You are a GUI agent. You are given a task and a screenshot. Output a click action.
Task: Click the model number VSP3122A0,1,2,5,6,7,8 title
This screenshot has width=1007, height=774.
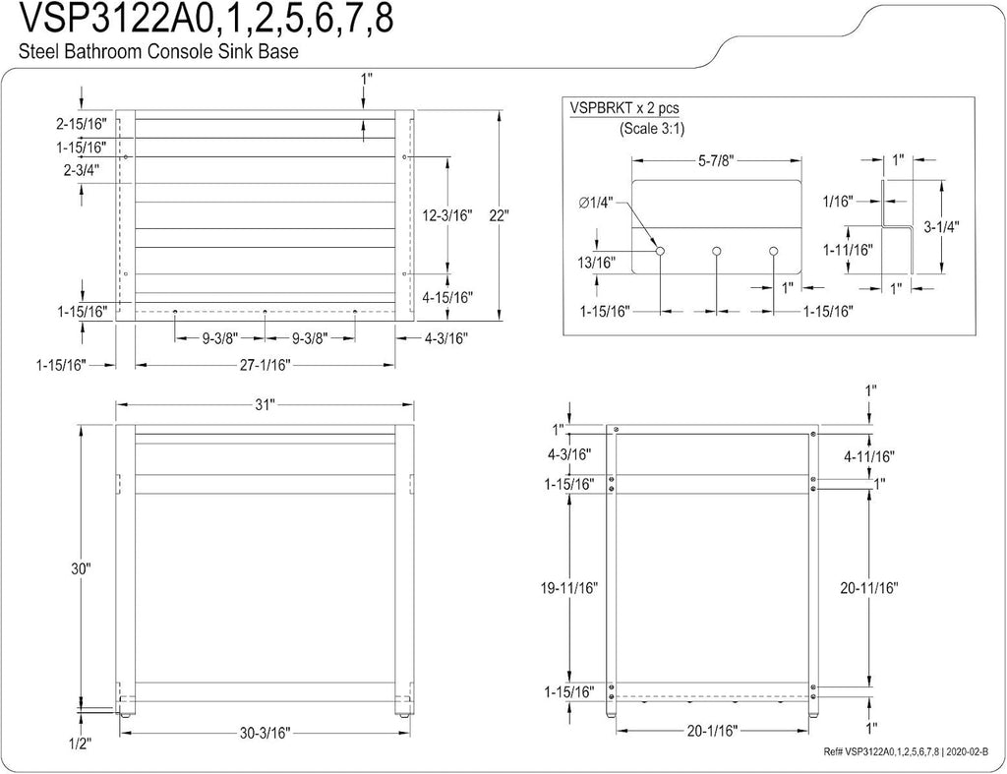click(207, 19)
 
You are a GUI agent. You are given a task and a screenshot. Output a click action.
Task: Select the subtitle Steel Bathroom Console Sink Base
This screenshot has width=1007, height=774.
click(158, 51)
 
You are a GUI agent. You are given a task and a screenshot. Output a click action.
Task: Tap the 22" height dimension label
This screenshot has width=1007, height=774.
click(499, 215)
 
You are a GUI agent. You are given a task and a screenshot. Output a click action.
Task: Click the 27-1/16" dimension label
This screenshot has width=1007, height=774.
click(266, 365)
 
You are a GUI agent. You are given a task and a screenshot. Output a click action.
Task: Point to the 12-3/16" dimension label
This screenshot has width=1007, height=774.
click(447, 215)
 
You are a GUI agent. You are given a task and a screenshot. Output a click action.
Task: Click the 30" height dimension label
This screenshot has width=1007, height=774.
click(82, 567)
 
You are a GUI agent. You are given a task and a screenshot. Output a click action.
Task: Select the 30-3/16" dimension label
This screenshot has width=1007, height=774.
click(265, 733)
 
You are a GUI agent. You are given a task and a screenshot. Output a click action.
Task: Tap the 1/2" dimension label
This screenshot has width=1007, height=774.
click(81, 744)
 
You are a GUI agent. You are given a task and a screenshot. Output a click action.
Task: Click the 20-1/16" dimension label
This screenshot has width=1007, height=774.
click(712, 731)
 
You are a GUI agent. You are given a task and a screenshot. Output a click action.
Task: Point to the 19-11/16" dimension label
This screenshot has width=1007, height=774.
click(569, 588)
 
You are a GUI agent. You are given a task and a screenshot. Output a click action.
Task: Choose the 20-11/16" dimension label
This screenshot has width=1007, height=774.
click(869, 588)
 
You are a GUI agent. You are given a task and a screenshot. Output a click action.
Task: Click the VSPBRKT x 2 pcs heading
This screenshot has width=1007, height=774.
click(624, 108)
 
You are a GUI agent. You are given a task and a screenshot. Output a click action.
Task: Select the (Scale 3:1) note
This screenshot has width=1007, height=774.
click(652, 129)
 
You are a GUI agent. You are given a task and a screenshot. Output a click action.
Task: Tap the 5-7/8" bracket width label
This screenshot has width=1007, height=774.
click(716, 160)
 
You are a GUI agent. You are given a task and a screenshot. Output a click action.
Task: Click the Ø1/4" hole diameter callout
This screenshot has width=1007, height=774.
click(596, 203)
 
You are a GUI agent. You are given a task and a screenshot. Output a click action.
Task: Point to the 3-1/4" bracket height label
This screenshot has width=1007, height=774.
click(941, 227)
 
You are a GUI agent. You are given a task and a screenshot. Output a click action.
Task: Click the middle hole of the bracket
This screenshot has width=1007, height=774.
click(717, 251)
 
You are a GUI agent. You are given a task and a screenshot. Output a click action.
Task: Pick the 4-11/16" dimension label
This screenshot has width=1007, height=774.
click(869, 456)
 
